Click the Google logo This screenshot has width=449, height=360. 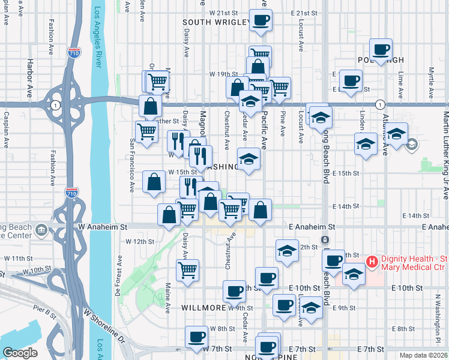(x=19, y=353)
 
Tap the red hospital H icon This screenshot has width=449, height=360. (x=372, y=262)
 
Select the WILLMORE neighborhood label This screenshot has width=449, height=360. (x=203, y=308)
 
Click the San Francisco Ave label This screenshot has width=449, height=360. (x=132, y=166)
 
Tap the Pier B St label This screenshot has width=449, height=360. (x=45, y=313)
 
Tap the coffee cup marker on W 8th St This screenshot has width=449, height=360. (x=196, y=337)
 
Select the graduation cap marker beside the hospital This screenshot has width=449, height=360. (x=354, y=275)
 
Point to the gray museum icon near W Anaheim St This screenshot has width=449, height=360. (x=41, y=229)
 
